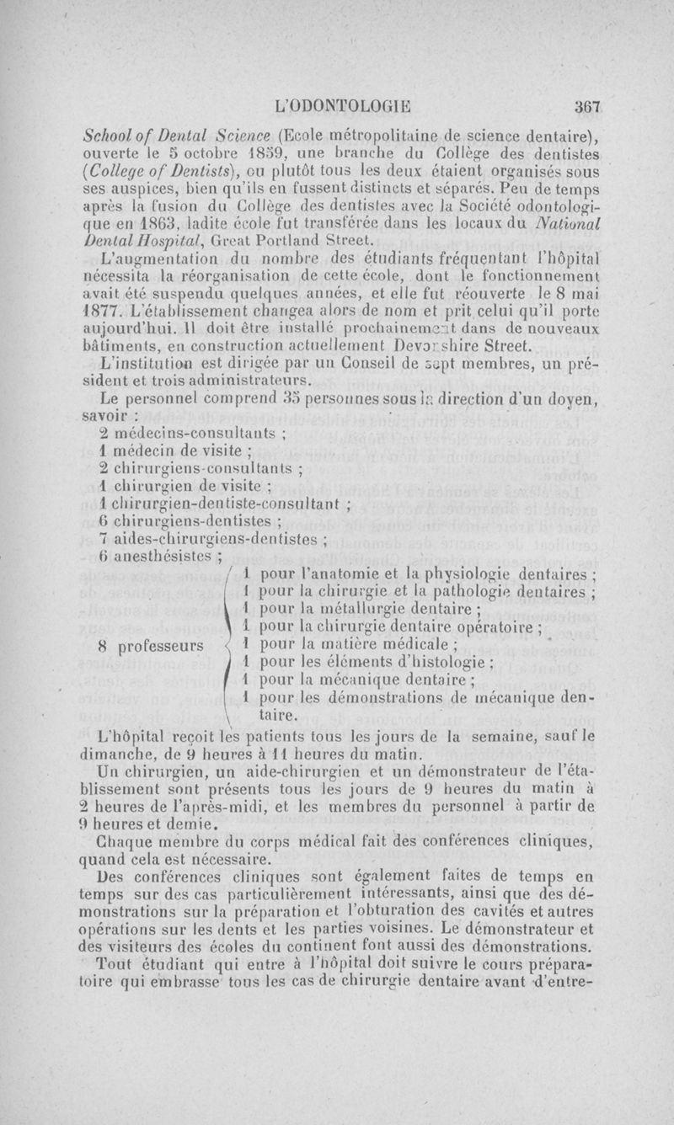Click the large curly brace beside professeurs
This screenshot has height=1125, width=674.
point(225,647)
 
